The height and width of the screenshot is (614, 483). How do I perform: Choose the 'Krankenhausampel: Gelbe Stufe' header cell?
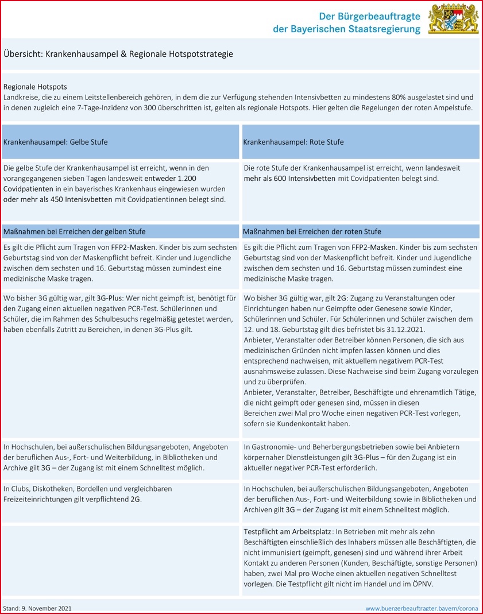click(x=56, y=142)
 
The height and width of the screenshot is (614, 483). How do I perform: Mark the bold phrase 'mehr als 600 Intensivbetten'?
click(x=289, y=178)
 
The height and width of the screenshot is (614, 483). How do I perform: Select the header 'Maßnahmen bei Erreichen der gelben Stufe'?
click(x=75, y=231)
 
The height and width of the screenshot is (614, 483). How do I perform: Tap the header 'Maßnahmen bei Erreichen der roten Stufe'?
click(x=312, y=231)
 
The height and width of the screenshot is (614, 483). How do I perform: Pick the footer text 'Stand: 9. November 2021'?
click(x=37, y=608)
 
